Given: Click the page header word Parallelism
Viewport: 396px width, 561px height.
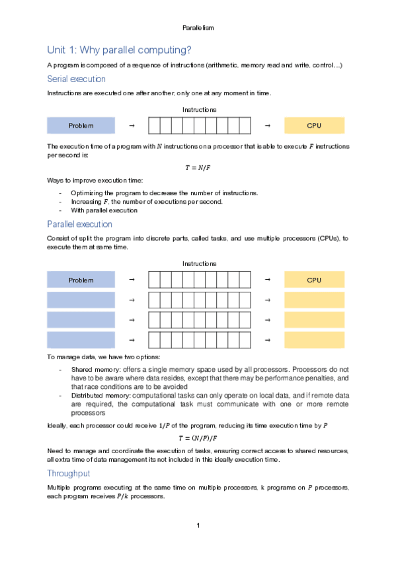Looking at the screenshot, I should pos(198,28).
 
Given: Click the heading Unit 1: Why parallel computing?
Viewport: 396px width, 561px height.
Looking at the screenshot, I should pos(119,50).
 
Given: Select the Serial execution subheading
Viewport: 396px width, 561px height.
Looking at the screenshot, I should pos(76,79).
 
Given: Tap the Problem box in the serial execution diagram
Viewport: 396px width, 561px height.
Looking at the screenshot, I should pos(81,125).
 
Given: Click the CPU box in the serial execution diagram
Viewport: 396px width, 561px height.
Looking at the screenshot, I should pos(314,125).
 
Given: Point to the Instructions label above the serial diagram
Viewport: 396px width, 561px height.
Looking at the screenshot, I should pos(198,109).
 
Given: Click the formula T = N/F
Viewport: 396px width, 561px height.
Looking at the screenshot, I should pos(198,167).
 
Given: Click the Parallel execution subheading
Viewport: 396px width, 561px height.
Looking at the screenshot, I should pos(79,224).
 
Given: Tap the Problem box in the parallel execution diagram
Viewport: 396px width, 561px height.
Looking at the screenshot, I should pos(81,280).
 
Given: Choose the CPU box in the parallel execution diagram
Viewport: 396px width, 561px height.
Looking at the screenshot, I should pos(314,280).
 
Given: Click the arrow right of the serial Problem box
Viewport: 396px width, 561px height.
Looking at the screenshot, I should pos(132,125).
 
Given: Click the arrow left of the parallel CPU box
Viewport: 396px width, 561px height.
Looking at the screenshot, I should pos(267,280).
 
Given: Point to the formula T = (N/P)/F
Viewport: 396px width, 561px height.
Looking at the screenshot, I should pos(198,438).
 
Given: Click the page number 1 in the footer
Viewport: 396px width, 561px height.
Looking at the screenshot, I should pos(198,526).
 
